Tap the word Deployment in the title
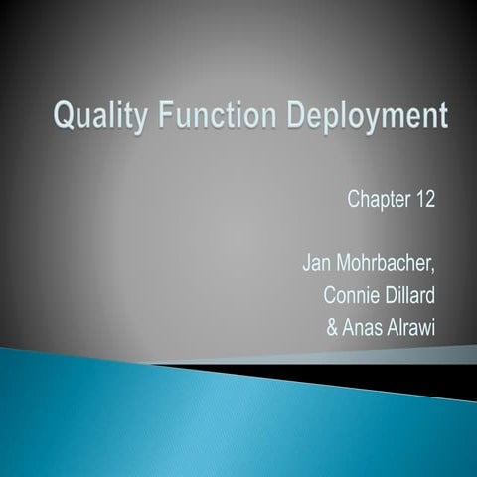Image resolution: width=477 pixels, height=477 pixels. point(369,119)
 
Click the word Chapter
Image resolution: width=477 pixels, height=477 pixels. point(376,199)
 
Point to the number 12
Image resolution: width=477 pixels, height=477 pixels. point(424,198)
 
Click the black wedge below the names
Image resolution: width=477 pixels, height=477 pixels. point(328,370)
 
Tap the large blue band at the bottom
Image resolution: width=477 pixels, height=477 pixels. point(199,417)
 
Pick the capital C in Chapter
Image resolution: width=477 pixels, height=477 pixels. point(354,199)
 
